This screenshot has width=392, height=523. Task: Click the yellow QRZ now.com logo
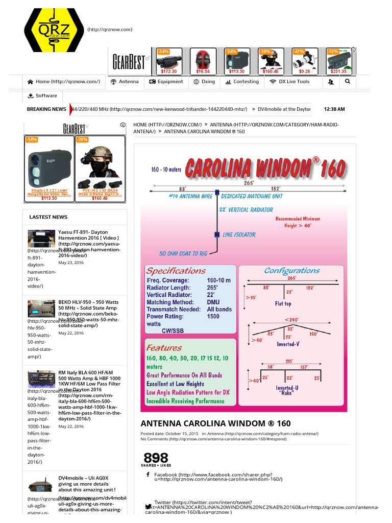54,30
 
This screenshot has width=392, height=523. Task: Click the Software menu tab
42,96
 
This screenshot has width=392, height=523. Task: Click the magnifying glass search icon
348,81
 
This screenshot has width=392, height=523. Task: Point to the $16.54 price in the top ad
203,72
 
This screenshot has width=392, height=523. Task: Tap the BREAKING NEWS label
46,109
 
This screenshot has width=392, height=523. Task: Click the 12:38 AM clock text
334,109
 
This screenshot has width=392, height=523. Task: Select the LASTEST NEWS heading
48,217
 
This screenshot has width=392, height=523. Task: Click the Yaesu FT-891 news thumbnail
41,239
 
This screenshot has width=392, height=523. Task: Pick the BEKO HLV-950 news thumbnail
41,308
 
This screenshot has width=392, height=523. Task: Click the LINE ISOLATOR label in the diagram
239,235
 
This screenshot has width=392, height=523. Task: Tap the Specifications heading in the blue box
176,271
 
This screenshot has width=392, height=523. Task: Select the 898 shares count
156,458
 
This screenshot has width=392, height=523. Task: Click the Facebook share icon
148,474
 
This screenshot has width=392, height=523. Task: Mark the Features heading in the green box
164,348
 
